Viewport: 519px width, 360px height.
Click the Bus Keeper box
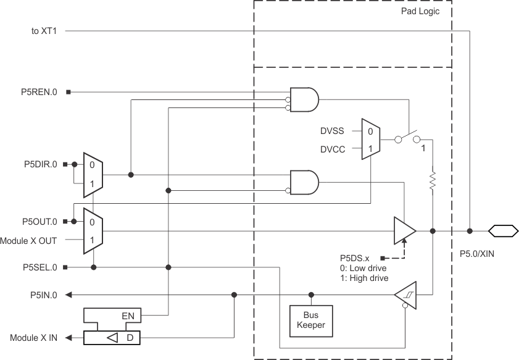click(312, 319)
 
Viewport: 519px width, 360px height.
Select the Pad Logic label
click(420, 11)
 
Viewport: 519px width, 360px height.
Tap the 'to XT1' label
click(44, 30)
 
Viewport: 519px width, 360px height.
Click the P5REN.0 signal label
click(39, 92)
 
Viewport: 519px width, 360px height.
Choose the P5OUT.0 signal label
click(39, 221)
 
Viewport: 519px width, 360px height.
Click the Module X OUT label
click(30, 240)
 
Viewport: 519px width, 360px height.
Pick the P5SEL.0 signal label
click(39, 267)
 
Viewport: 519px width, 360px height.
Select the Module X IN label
click(33, 338)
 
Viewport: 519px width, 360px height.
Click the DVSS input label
click(332, 131)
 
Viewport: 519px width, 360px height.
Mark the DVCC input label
click(332, 149)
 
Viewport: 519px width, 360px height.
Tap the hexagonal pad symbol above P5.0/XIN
click(502, 231)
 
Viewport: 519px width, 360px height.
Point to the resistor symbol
click(433, 181)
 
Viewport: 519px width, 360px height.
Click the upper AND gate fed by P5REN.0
click(305, 99)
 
